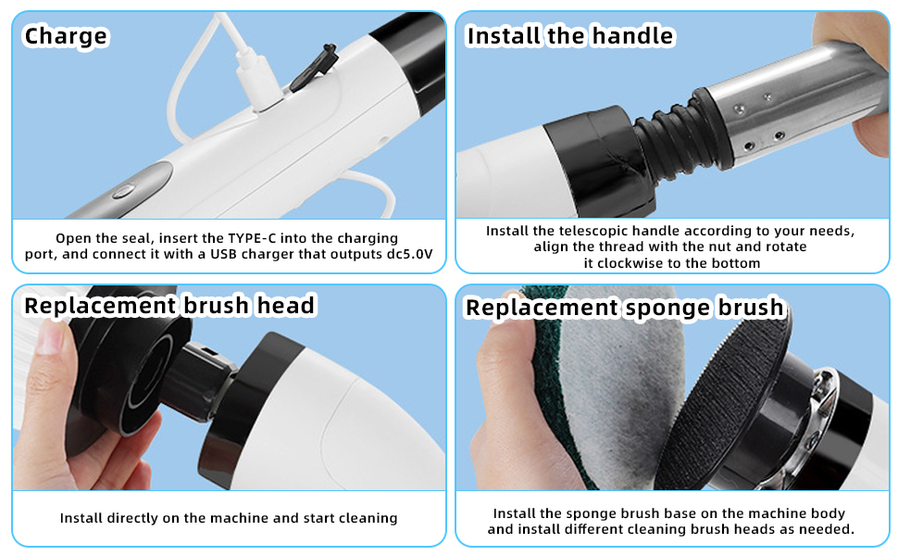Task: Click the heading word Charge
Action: point(66,37)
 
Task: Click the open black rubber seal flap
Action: point(314,67)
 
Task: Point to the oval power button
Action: point(123,191)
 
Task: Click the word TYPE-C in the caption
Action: point(252,238)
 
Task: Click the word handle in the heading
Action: point(633,35)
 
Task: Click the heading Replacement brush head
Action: point(169,306)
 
